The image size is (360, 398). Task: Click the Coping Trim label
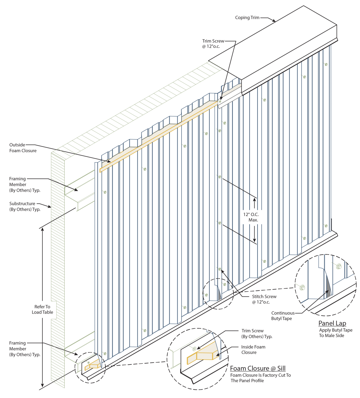pos(247,18)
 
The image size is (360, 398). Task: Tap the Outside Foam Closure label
pos(23,148)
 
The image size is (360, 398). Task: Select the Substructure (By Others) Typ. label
pos(25,207)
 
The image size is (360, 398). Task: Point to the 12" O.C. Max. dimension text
pos(251,217)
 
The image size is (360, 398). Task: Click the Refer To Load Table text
pos(42,309)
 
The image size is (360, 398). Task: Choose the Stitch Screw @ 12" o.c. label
pos(264,299)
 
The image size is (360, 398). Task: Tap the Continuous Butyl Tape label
pos(283,316)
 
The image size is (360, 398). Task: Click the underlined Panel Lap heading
pos(332,323)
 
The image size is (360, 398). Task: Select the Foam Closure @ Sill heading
pos(258,368)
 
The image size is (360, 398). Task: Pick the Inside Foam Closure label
pos(253,350)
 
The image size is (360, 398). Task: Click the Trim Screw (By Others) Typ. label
pos(257,334)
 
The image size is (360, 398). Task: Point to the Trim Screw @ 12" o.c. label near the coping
pos(213,44)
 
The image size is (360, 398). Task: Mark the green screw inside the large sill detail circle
pos(194,349)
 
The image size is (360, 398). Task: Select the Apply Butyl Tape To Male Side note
pos(336,333)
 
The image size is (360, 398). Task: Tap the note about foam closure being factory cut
pos(261,378)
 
